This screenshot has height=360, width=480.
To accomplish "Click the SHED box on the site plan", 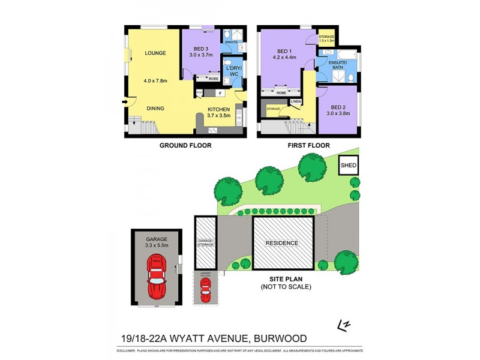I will pos(347,165).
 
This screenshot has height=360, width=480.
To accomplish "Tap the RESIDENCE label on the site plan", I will pos(282,243).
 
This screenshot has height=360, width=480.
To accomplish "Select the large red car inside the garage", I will pos(157,277).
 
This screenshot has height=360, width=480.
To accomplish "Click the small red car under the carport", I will pos(205,291).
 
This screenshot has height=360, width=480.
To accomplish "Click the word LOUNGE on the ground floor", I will pos(155,53).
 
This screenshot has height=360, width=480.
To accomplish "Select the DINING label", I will pos(155,109).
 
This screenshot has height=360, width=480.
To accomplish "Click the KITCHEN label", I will pos(218,109).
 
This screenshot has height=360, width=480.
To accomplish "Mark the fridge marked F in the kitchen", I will pos(221,94).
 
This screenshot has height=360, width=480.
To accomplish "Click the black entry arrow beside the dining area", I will pos(124,101).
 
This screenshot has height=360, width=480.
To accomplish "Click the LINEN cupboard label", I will pos(295,102).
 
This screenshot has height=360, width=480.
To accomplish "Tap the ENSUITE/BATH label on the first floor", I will pos(337,64).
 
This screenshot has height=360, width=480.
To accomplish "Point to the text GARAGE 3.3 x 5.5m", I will pos(157,242).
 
